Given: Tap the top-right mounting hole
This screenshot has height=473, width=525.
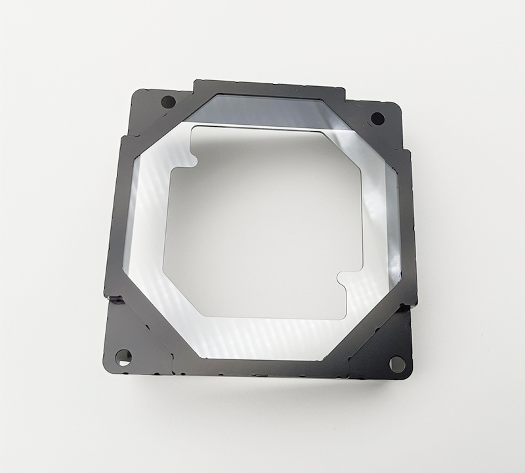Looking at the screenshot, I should click(x=377, y=118).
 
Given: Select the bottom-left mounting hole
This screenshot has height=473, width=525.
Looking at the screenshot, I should click(x=123, y=357).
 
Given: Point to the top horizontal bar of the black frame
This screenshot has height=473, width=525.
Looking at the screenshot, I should click(x=269, y=88).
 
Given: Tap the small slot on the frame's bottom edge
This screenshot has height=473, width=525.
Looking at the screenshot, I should click(x=261, y=376).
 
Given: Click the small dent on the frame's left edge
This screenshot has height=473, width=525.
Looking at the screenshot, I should click(x=115, y=300).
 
